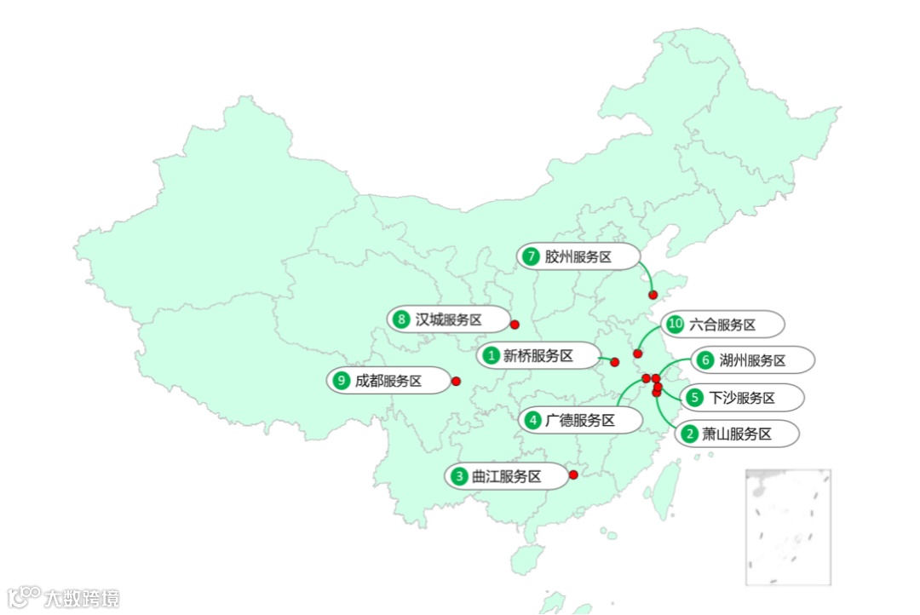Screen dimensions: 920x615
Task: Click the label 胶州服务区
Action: click(x=578, y=256)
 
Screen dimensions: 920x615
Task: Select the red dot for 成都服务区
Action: click(x=456, y=381)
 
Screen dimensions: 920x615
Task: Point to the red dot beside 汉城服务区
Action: click(x=515, y=325)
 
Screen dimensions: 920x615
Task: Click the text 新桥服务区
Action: click(x=538, y=356)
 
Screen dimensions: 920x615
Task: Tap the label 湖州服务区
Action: click(x=752, y=360)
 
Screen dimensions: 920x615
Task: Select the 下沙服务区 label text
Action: click(x=742, y=398)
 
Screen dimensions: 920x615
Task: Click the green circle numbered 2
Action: click(x=689, y=434)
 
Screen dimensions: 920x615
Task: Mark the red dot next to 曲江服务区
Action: click(x=573, y=474)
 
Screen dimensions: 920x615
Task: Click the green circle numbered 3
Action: click(x=459, y=476)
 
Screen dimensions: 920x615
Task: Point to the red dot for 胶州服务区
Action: click(x=653, y=295)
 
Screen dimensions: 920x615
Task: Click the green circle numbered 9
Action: click(x=342, y=381)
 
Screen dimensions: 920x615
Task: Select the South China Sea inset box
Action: click(x=788, y=526)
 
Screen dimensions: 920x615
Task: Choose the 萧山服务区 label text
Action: click(x=737, y=434)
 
